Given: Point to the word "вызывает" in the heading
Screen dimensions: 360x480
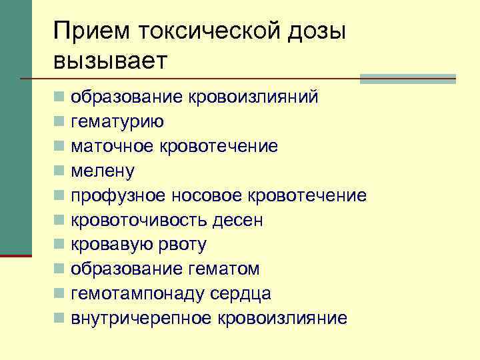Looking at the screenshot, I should [x=112, y=61].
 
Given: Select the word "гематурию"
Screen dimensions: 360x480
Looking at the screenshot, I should [x=118, y=122].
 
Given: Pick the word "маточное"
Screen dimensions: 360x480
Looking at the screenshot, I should [x=113, y=147].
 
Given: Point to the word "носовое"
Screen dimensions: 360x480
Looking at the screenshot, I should [x=207, y=196].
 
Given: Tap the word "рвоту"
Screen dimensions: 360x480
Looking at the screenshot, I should [x=181, y=245].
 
